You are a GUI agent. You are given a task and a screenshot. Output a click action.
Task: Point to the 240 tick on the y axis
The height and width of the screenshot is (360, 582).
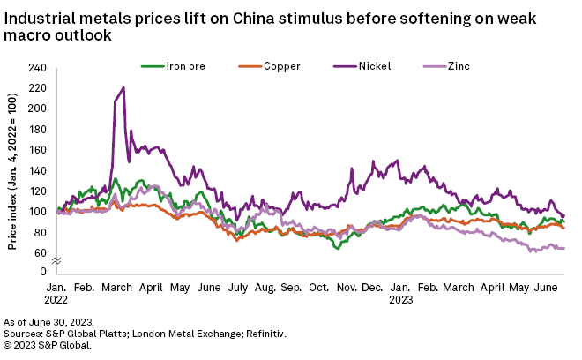click(x=39, y=68)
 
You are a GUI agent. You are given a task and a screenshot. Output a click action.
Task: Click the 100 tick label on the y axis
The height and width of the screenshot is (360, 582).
click(x=39, y=212)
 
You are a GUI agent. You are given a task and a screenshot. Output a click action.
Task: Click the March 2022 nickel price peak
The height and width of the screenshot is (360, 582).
click(x=123, y=87)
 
